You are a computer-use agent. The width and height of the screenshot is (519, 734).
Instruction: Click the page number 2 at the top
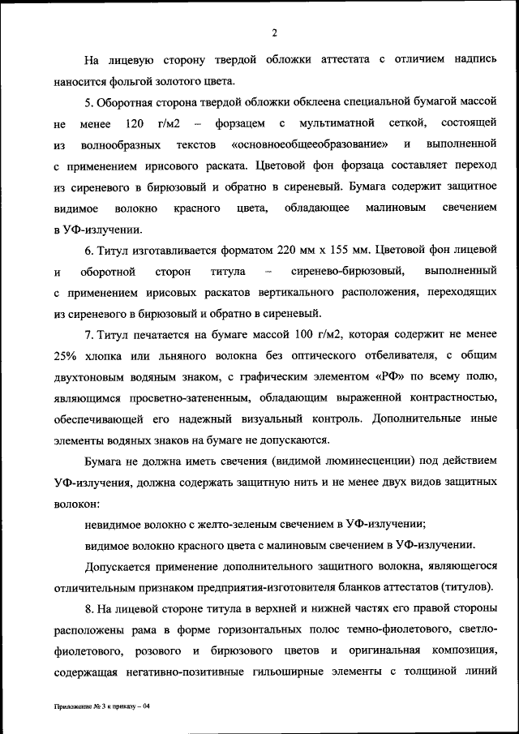pos(273,32)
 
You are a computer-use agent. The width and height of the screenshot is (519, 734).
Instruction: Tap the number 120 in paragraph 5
pos(135,123)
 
